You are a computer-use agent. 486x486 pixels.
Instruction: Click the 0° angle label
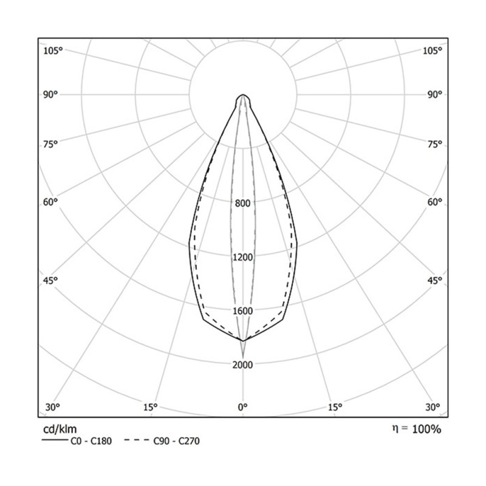coord(243,406)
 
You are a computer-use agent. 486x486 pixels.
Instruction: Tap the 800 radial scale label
coord(243,203)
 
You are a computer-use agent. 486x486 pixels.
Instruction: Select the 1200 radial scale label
coord(243,257)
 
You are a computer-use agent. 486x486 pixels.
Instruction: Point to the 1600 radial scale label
coord(243,311)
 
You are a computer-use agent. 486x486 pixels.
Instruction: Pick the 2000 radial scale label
coord(243,364)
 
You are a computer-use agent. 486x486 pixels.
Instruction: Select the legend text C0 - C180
coord(91,440)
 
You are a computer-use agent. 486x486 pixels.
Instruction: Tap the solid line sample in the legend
coord(54,440)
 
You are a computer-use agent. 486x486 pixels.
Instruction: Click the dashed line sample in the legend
coord(137,440)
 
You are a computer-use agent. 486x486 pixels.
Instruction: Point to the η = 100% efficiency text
coord(416,430)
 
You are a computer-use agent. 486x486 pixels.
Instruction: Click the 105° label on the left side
coord(53,50)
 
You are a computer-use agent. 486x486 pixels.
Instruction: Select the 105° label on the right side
coord(433,50)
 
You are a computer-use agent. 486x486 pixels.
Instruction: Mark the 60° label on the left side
coord(50,202)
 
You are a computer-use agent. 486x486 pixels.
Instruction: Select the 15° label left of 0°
coord(151,406)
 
